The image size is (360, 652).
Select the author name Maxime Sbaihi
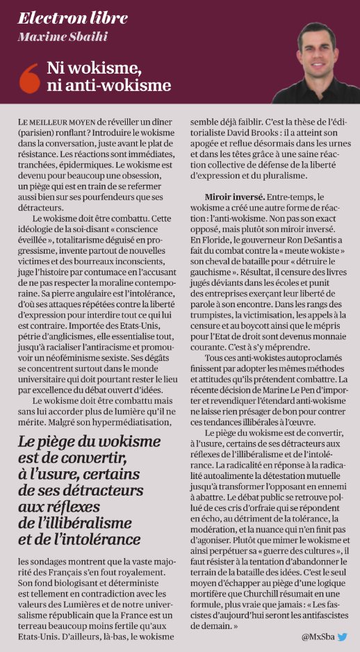coord(57,37)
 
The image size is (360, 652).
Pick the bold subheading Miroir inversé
coord(234,197)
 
